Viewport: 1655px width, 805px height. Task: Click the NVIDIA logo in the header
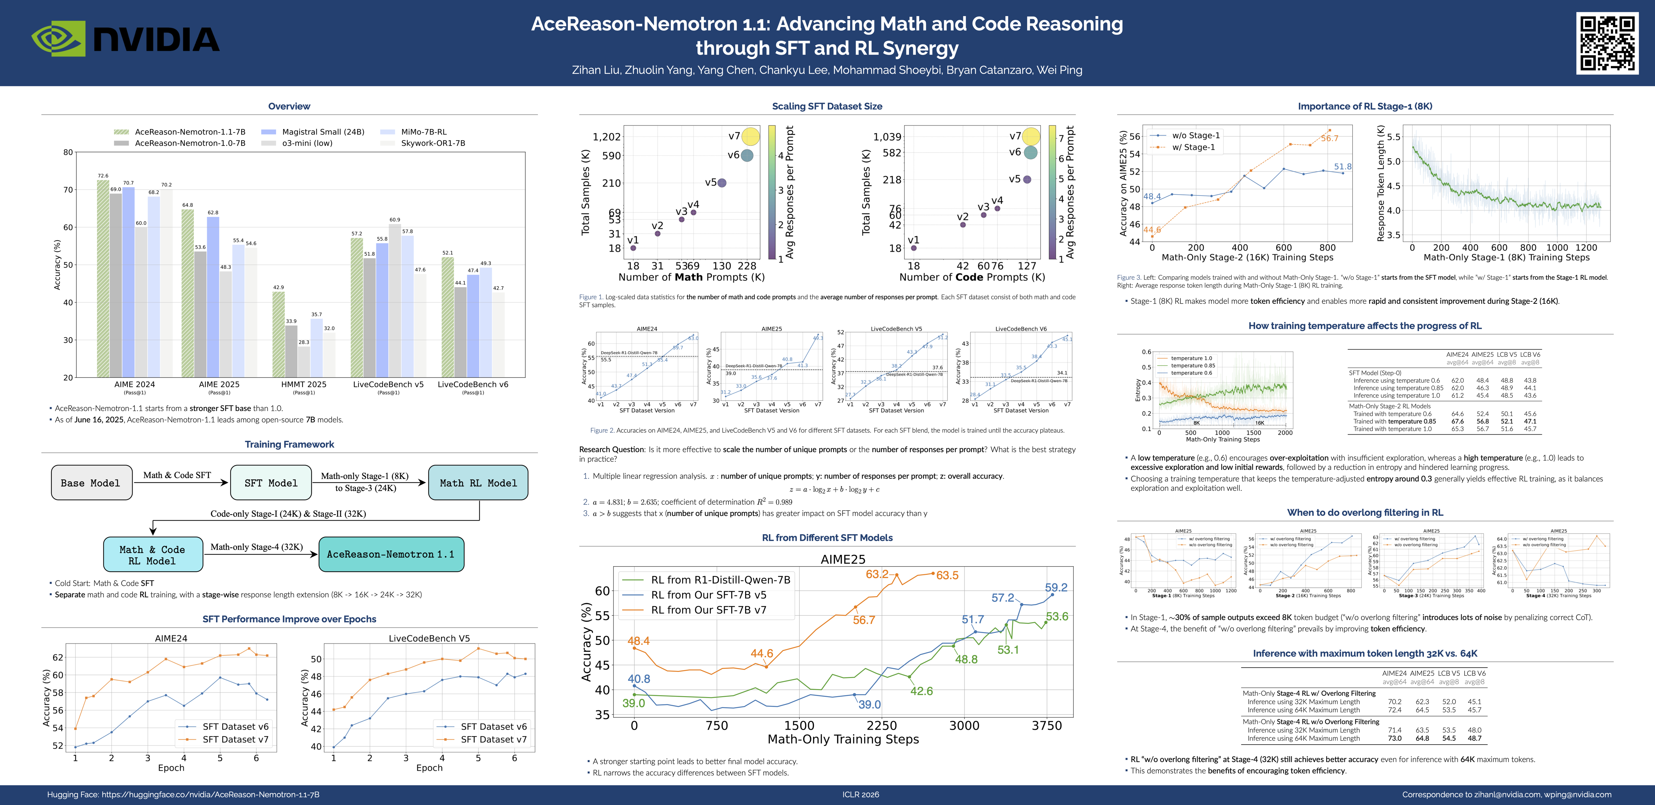(125, 38)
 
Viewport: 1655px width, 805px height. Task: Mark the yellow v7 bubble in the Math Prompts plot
(750, 136)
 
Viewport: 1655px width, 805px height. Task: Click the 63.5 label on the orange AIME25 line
(947, 575)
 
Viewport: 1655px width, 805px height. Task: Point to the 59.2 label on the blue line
(1056, 587)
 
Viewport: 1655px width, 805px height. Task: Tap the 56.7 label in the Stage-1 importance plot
(1329, 138)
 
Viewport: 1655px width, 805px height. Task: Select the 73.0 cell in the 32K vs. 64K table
(1389, 738)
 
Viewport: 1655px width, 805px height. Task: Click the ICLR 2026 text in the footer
(860, 795)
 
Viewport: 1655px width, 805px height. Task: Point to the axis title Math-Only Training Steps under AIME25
(843, 739)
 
